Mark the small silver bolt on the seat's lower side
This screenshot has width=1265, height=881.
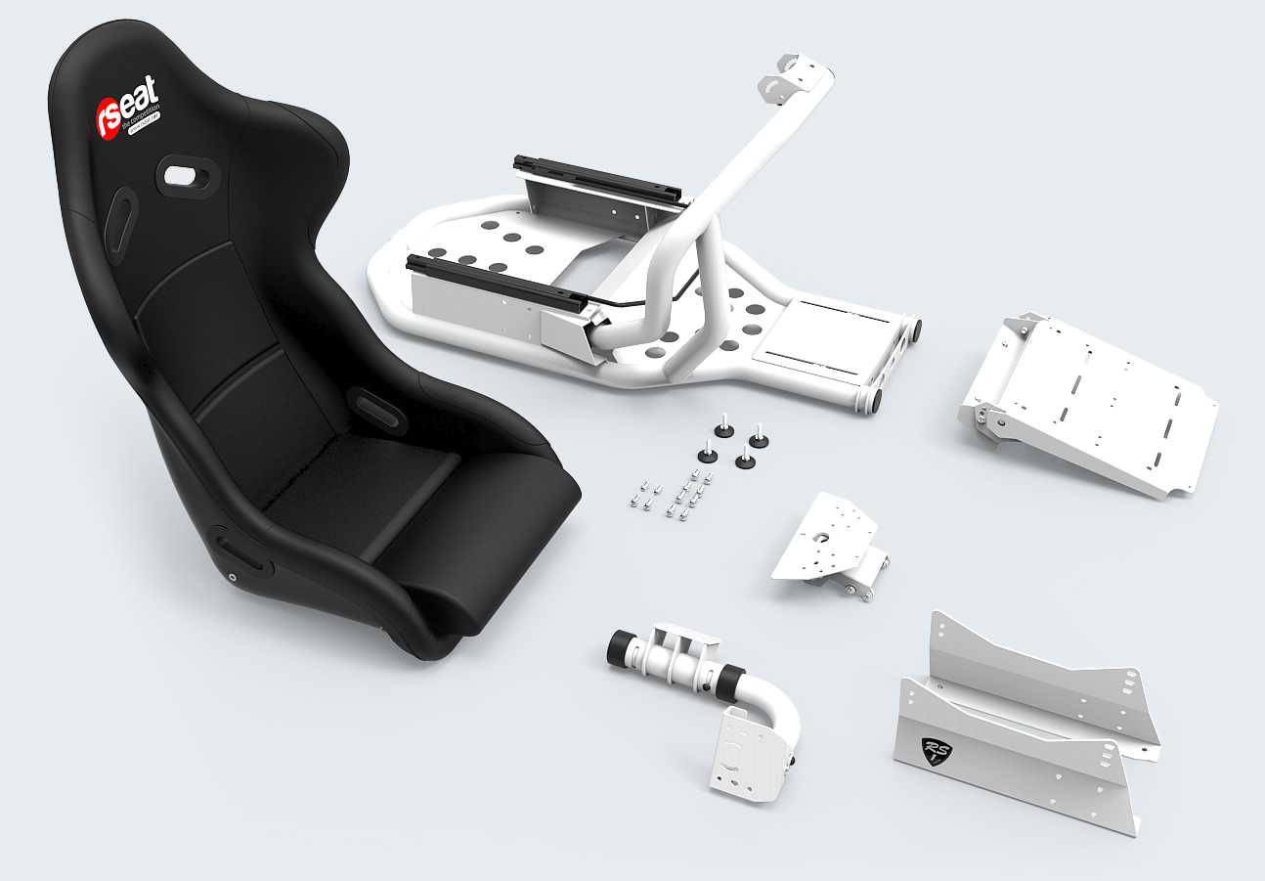(233, 577)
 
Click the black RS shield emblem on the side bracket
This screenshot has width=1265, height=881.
(937, 750)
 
